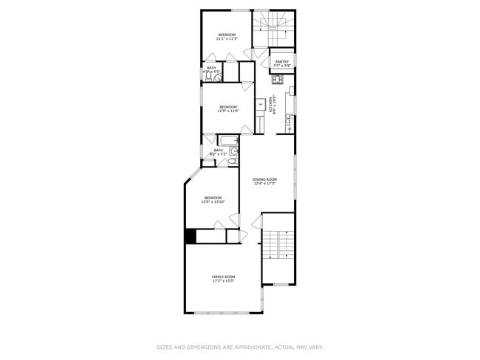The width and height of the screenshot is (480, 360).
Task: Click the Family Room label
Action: click(x=223, y=277)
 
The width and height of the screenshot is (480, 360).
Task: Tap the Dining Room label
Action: click(x=264, y=179)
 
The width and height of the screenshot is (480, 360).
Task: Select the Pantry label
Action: click(x=281, y=61)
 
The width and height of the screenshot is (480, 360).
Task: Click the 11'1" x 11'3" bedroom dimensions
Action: click(x=227, y=39)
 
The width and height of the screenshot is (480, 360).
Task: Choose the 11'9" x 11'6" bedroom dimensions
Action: click(x=228, y=111)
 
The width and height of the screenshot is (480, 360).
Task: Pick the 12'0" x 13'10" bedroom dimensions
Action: click(x=213, y=201)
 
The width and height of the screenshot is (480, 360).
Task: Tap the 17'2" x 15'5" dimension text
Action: click(x=223, y=281)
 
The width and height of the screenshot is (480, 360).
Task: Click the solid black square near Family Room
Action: click(x=190, y=236)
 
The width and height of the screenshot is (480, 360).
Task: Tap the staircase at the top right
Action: click(x=273, y=28)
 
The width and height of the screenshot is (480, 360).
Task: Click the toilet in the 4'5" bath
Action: click(x=209, y=75)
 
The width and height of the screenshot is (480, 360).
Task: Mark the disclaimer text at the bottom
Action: click(x=240, y=347)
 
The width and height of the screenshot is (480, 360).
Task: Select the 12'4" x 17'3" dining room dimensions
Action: click(x=264, y=184)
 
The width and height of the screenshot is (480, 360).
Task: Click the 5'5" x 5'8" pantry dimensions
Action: click(x=281, y=66)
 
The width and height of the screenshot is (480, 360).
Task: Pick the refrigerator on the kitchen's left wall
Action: click(x=261, y=105)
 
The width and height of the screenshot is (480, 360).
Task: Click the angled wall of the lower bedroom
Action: click(x=192, y=178)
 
